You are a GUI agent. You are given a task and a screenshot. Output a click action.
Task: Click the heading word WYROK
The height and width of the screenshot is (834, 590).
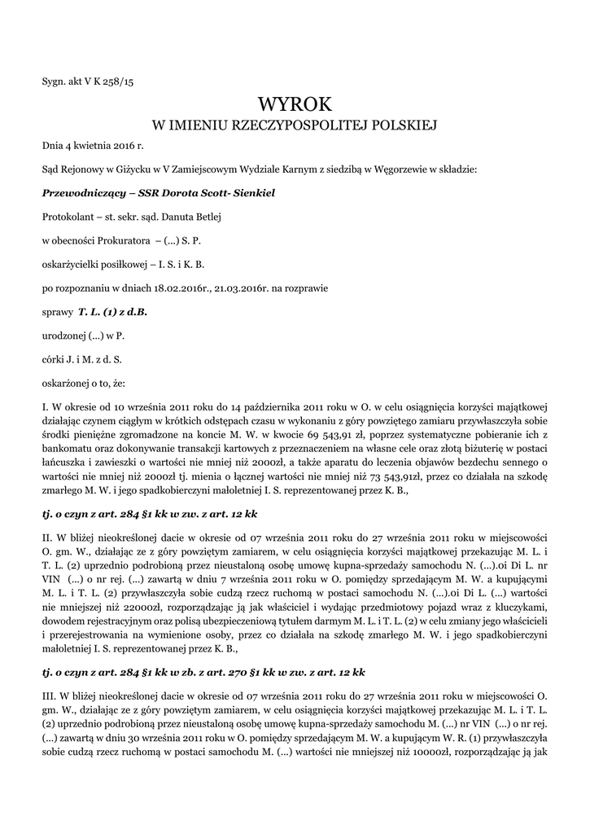click(295, 103)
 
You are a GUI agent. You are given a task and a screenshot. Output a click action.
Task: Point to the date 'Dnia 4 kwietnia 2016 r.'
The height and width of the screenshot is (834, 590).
click(93, 147)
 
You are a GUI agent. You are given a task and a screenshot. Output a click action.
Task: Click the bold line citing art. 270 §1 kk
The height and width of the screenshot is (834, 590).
click(203, 672)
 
